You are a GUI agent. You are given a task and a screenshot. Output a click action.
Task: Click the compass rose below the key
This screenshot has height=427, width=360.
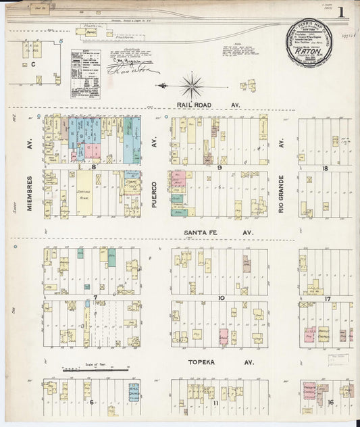point(191,85)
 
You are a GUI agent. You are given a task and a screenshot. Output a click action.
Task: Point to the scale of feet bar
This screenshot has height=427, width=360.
point(95,370)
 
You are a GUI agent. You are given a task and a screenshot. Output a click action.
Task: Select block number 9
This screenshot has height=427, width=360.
point(220,167)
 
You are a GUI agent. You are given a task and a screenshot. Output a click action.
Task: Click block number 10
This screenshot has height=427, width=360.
point(220,297)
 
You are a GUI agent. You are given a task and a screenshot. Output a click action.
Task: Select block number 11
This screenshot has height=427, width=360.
point(216,403)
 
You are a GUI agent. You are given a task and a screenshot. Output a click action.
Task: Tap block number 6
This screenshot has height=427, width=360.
point(91,402)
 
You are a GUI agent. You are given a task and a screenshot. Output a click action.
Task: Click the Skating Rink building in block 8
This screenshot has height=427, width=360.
point(84,192)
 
